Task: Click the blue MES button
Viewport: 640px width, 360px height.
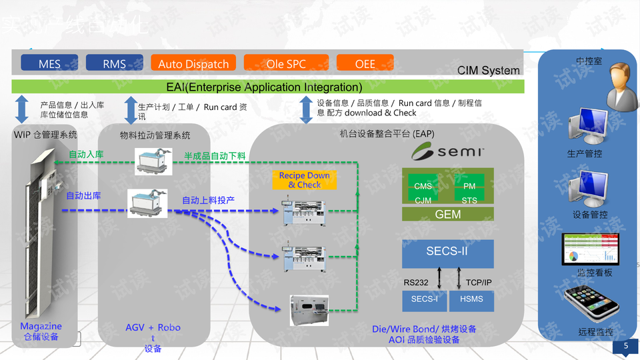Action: click(49, 63)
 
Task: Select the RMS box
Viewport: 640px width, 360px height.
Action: click(114, 63)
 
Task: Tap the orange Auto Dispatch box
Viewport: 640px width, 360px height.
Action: click(193, 63)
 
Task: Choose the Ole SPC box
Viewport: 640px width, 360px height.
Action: click(286, 63)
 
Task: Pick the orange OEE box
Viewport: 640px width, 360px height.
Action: click(365, 63)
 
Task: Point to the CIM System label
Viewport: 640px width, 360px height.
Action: click(488, 71)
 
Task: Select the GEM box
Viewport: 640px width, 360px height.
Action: click(448, 214)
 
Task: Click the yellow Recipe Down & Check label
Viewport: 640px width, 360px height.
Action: click(305, 180)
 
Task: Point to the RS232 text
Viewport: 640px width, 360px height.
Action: click(416, 283)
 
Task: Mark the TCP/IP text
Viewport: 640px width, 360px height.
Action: click(479, 283)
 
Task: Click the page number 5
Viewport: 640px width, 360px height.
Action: click(625, 346)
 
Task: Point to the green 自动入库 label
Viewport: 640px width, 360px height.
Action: click(85, 155)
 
